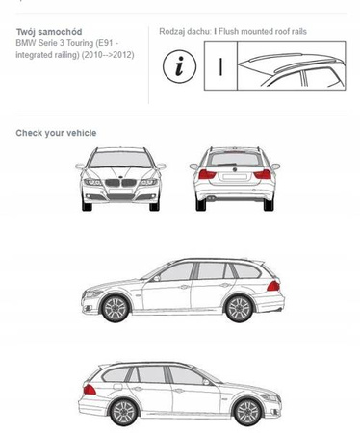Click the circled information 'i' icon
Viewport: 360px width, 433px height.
pyautogui.click(x=179, y=66)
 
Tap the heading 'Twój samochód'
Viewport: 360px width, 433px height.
pyautogui.click(x=49, y=32)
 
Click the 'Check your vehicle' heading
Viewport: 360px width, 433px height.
pyautogui.click(x=56, y=133)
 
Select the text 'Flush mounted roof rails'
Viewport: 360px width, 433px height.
pyautogui.click(x=263, y=31)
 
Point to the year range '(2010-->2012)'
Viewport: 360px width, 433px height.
pyautogui.click(x=108, y=55)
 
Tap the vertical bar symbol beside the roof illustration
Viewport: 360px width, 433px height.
pyautogui.click(x=220, y=66)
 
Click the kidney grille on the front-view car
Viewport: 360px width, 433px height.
pyautogui.click(x=120, y=183)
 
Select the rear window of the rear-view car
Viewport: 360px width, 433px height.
pyautogui.click(x=236, y=159)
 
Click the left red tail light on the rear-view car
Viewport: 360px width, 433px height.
pyautogui.click(x=207, y=174)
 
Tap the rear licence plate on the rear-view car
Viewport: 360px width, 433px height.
pyautogui.click(x=235, y=177)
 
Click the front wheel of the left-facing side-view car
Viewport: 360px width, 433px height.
pyautogui.click(x=116, y=308)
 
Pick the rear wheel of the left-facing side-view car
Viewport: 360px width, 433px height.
pyautogui.click(x=239, y=308)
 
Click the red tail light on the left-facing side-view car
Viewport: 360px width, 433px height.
pyautogui.click(x=273, y=286)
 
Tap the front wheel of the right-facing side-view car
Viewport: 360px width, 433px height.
pyautogui.click(x=247, y=412)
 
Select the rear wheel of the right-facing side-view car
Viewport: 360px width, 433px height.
pyautogui.click(x=123, y=412)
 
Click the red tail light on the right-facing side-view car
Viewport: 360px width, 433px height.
pyautogui.click(x=90, y=390)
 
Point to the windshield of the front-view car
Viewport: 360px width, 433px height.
pyautogui.click(x=120, y=160)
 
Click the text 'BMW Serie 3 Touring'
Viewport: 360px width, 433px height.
pyautogui.click(x=55, y=43)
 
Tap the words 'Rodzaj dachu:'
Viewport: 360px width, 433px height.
pyautogui.click(x=186, y=31)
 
